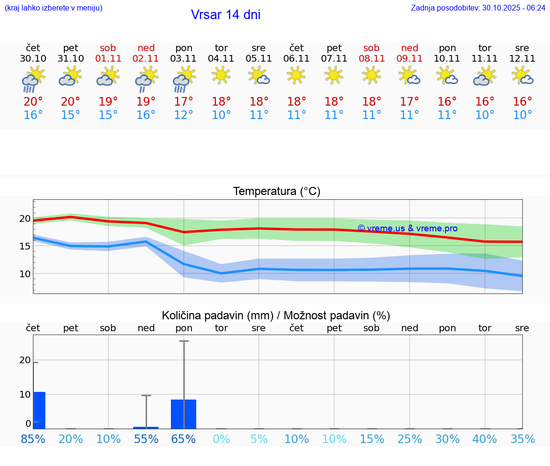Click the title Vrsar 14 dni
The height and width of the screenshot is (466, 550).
point(225,15)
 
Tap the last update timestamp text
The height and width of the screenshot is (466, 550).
point(478,8)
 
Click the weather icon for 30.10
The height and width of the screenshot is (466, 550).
point(33,79)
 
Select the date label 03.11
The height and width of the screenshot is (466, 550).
point(184,59)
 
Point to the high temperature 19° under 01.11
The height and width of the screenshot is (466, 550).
point(108,102)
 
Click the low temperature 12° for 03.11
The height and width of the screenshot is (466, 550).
point(184,115)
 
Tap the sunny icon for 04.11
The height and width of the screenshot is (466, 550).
point(222,76)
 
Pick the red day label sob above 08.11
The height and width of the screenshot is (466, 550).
point(371,48)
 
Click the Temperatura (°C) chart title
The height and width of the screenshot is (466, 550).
point(276,191)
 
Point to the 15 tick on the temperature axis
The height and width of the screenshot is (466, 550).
point(25,246)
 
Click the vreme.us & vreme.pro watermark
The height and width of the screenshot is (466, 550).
point(407,228)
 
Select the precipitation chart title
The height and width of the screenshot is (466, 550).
point(276,315)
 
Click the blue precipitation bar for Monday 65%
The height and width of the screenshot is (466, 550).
point(184,414)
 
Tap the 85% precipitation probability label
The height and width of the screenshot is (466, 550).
point(33,439)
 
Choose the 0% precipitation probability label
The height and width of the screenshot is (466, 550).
point(222,439)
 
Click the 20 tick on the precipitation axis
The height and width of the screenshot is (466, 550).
point(25,360)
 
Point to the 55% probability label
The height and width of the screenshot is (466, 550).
point(146,439)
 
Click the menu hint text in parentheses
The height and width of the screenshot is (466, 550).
point(53,8)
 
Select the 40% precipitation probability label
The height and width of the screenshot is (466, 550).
point(485,439)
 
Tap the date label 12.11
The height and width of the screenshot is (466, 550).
point(522,59)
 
